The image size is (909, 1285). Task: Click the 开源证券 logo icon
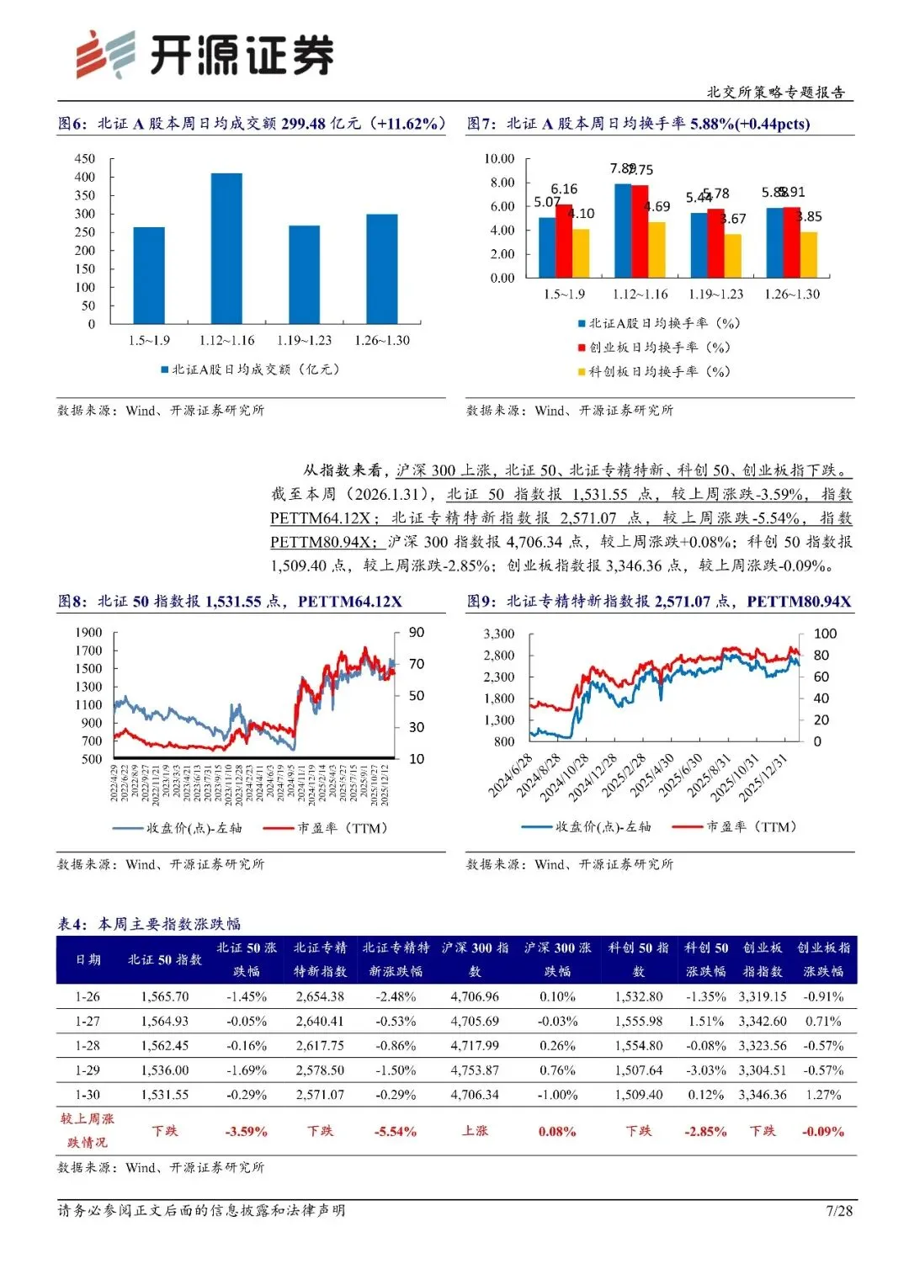point(105,55)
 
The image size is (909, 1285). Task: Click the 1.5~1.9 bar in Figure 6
point(149,275)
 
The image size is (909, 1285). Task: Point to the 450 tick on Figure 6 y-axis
point(85,158)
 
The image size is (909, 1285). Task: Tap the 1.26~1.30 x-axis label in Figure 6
point(382,340)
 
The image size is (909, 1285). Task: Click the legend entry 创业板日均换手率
point(654,347)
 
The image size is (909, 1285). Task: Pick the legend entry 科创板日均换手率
point(654,371)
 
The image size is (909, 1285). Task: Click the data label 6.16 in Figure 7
point(564,189)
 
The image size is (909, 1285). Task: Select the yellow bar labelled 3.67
point(733,256)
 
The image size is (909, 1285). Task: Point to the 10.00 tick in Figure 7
point(499,158)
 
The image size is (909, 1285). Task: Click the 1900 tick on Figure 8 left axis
point(88,632)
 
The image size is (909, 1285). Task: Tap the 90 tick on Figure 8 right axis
point(417,632)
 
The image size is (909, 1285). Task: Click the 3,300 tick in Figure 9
point(499,634)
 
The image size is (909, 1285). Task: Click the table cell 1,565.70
point(165,996)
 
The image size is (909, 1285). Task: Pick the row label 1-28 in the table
point(88,1045)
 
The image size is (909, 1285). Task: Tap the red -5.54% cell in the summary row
point(396,1131)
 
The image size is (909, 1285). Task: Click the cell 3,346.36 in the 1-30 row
point(763,1095)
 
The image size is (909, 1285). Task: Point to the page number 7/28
point(839,1210)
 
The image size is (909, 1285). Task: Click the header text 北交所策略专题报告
point(776,92)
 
